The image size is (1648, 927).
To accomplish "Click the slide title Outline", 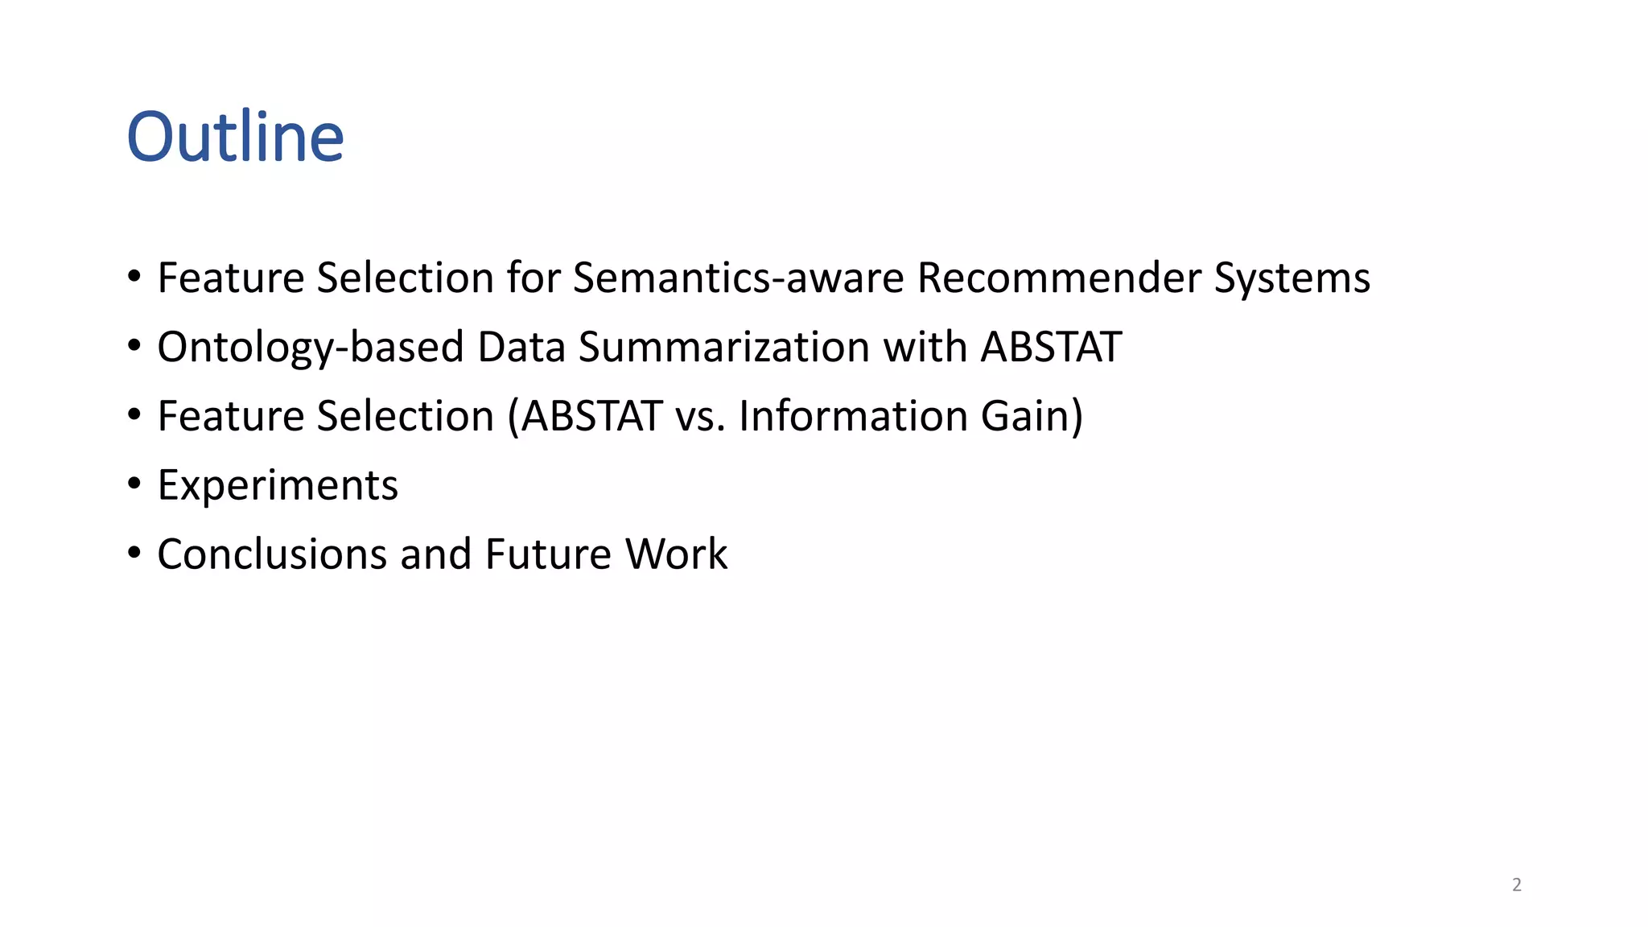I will (235, 137).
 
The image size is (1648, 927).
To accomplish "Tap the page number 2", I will (1517, 884).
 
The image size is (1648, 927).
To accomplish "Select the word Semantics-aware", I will (738, 278).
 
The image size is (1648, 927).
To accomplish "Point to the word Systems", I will (1292, 279).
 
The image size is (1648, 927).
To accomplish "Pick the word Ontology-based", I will (310, 348).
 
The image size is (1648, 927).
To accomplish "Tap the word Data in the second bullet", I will (521, 347).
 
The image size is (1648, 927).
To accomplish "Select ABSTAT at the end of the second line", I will (1051, 347).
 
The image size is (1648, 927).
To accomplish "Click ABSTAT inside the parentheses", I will (592, 416).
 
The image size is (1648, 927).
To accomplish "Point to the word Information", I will (853, 416).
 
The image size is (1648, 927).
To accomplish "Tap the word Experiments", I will (278, 486).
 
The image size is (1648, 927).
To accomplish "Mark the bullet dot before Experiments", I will (134, 484).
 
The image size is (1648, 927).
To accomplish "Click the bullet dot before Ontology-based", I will (134, 346).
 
